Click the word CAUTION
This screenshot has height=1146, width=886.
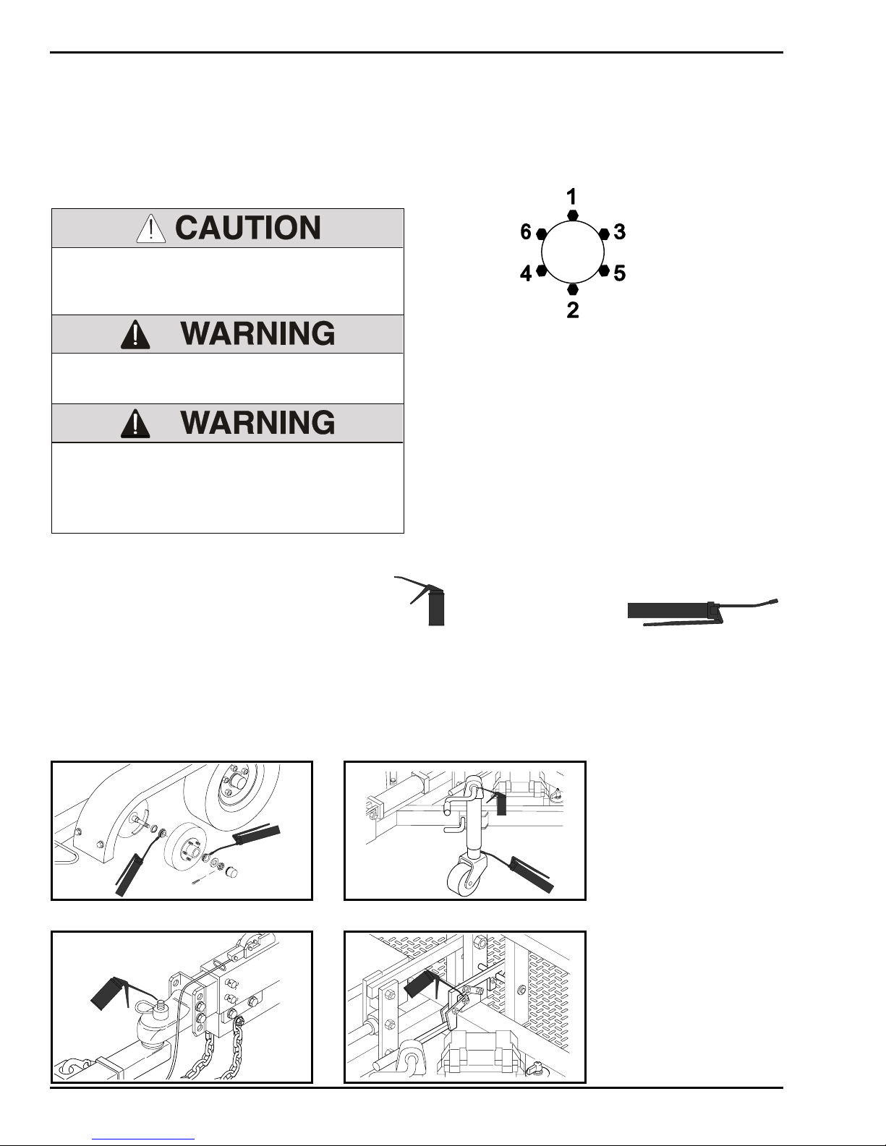click(x=248, y=228)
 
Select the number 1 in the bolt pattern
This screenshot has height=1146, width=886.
click(x=571, y=197)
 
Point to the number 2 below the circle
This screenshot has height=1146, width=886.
click(x=573, y=311)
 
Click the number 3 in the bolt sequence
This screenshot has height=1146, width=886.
click(x=619, y=232)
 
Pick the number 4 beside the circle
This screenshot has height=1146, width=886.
click(x=527, y=274)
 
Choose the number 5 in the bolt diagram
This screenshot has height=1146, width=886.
click(x=619, y=274)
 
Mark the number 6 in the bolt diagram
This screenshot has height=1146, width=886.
click(x=527, y=232)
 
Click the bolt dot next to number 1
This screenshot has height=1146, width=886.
click(x=573, y=215)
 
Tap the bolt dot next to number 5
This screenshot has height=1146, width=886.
click(x=604, y=270)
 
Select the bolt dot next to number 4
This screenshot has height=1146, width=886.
click(x=542, y=270)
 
